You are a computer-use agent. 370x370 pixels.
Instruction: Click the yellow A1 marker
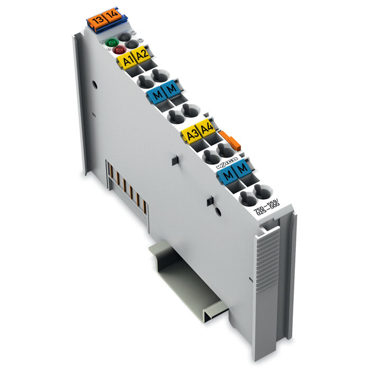tap(126, 61)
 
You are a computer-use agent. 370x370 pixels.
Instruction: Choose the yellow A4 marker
tap(205, 128)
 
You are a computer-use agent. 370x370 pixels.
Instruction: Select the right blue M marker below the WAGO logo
tap(242, 170)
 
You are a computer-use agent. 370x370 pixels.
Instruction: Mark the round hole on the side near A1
tap(94, 83)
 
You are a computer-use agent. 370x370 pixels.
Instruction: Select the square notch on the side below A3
tap(173, 160)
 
